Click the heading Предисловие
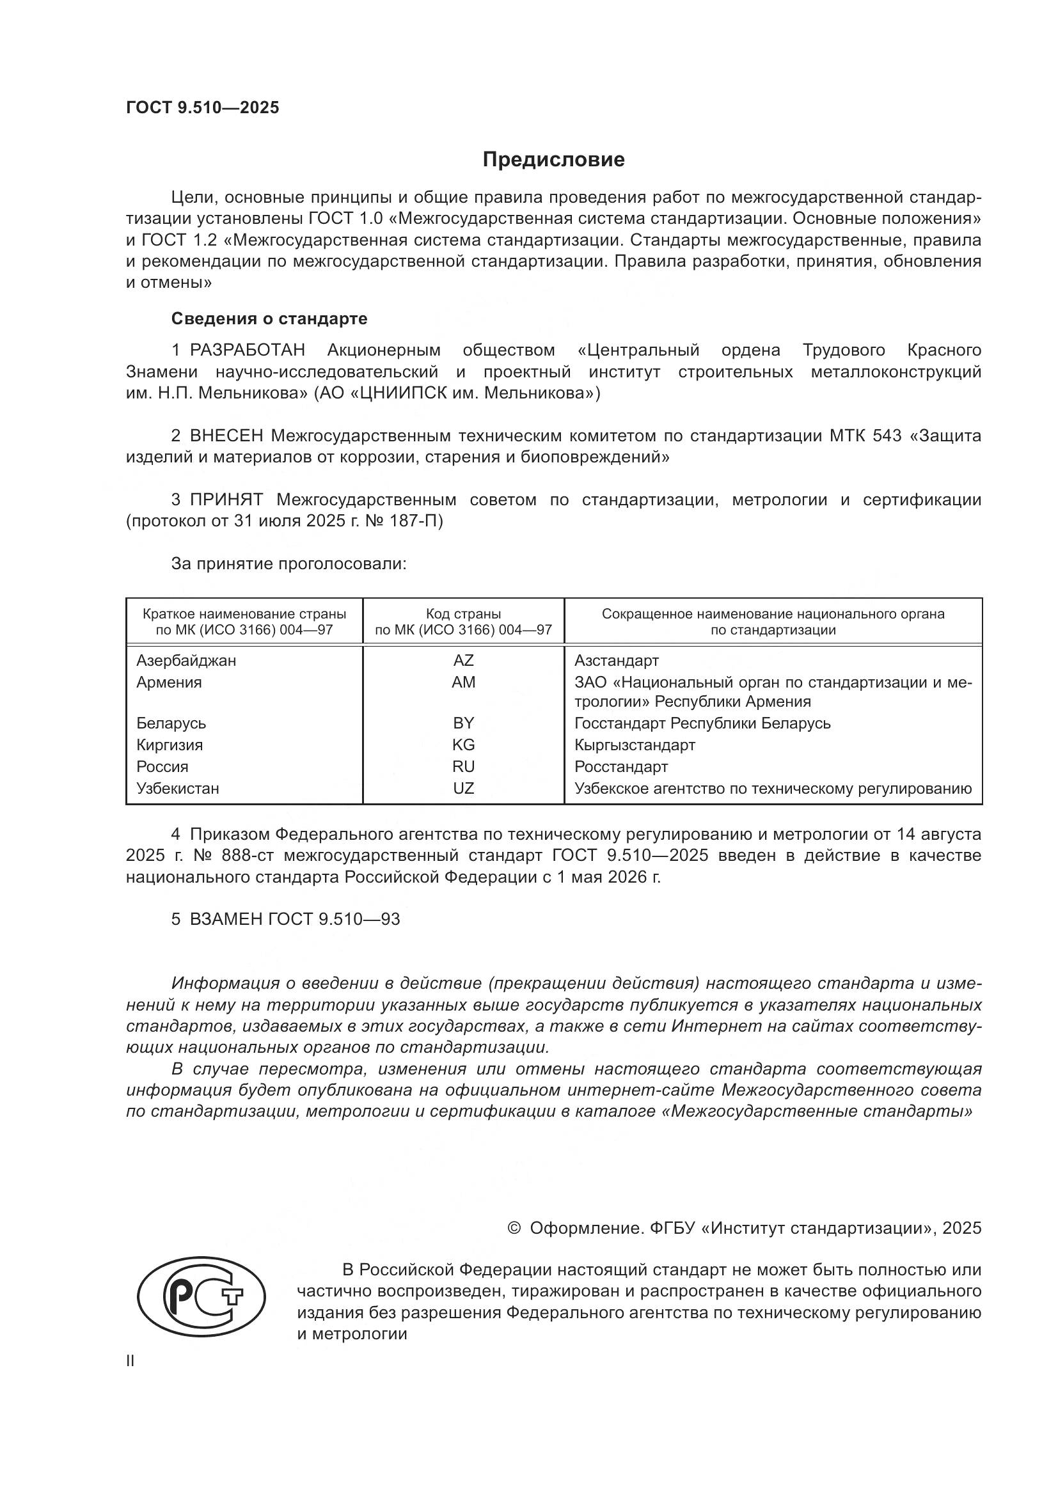[553, 160]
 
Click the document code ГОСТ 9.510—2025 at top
[202, 108]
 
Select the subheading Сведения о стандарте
[269, 319]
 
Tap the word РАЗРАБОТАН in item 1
[248, 350]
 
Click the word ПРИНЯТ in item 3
[226, 500]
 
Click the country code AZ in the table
[463, 661]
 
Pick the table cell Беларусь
[171, 723]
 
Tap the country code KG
[463, 744]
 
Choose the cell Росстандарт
[620, 766]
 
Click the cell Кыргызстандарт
[635, 744]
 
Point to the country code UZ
[463, 789]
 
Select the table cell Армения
[169, 682]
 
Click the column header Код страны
[463, 614]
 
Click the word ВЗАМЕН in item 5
[226, 919]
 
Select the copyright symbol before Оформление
[514, 1228]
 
